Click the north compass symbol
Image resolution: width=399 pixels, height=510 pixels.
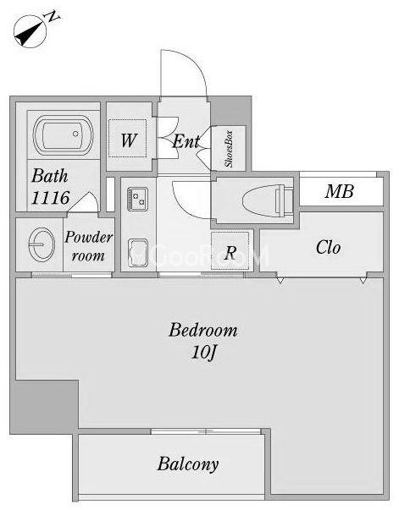pyautogui.click(x=30, y=31)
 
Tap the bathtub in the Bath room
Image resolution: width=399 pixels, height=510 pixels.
pyautogui.click(x=64, y=135)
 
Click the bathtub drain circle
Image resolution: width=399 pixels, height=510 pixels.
pyautogui.click(x=75, y=134)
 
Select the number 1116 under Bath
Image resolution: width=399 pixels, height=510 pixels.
pyautogui.click(x=51, y=197)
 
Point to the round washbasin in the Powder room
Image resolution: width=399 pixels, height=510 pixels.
pyautogui.click(x=42, y=244)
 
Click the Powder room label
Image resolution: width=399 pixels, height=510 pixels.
pyautogui.click(x=88, y=246)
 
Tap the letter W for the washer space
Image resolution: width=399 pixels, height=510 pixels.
pyautogui.click(x=129, y=140)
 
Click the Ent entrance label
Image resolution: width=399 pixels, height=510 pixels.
pyautogui.click(x=186, y=141)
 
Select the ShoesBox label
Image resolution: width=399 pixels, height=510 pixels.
pyautogui.click(x=229, y=149)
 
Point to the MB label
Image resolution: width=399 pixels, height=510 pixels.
pyautogui.click(x=340, y=192)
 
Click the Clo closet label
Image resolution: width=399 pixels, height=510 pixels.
pyautogui.click(x=329, y=247)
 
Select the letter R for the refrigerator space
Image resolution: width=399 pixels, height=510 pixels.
pyautogui.click(x=230, y=252)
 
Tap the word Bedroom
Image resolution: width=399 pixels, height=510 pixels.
pyautogui.click(x=203, y=330)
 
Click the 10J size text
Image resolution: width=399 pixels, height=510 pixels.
pyautogui.click(x=203, y=353)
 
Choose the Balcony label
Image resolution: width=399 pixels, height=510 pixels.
pyautogui.click(x=188, y=464)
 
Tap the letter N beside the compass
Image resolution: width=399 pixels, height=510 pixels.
pyautogui.click(x=53, y=16)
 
